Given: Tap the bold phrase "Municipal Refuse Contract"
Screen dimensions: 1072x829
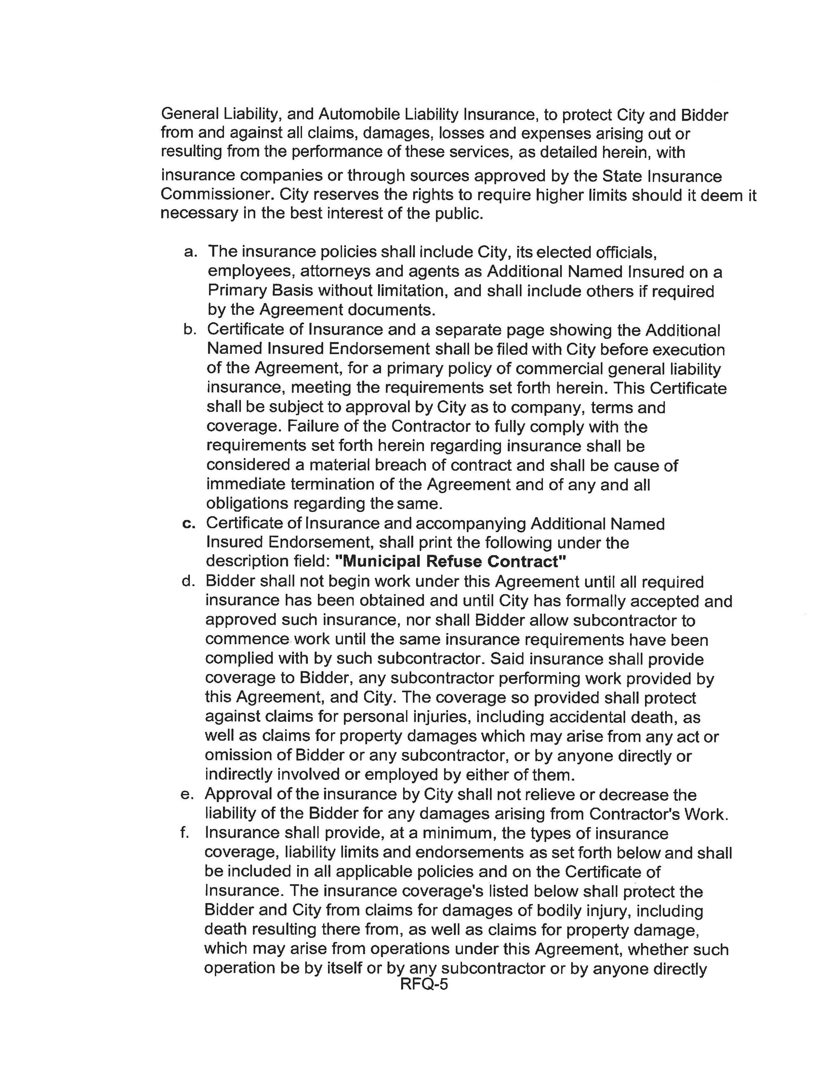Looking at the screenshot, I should [x=450, y=561].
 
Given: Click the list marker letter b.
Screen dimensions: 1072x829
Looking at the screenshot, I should [x=190, y=330].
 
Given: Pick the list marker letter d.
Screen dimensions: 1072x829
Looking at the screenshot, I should [x=189, y=582].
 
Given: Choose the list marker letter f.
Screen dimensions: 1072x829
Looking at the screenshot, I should [x=186, y=833].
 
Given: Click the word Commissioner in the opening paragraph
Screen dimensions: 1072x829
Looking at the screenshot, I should [x=216, y=195].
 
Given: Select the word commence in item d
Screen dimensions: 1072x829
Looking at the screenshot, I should [x=247, y=640].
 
